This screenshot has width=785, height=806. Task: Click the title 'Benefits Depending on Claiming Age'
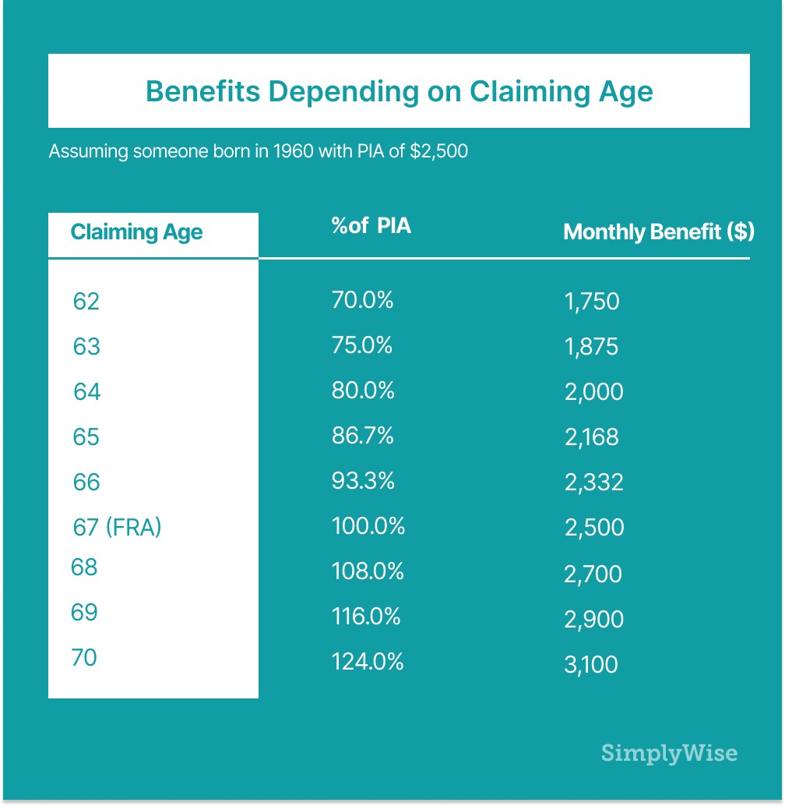(399, 91)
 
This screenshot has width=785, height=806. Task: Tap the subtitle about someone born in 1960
(258, 151)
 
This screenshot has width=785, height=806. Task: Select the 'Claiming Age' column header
(136, 232)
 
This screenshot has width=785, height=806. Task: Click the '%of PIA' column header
(371, 227)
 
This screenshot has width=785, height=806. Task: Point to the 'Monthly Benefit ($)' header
(658, 232)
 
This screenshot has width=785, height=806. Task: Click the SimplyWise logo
(669, 754)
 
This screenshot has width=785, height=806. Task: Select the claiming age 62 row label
(86, 301)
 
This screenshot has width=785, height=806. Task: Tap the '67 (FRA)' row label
(117, 527)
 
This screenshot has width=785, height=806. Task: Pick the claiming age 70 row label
(84, 657)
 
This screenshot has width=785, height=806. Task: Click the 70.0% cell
(362, 299)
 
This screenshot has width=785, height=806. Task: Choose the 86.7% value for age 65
(362, 435)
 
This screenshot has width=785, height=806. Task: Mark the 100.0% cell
(368, 526)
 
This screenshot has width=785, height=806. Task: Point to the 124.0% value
(368, 662)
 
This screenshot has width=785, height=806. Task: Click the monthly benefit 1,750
(592, 302)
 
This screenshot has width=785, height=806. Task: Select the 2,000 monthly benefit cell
(594, 391)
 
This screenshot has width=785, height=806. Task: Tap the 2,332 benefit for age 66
(594, 483)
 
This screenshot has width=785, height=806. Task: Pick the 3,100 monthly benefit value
(591, 664)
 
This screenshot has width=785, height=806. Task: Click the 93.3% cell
(362, 481)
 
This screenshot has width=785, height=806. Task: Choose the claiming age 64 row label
(87, 391)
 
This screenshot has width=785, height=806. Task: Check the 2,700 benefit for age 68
(593, 574)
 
